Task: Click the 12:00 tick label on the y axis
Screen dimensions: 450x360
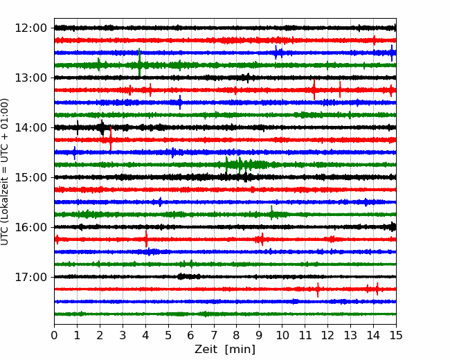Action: click(x=30, y=28)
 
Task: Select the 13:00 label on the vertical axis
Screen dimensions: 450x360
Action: click(x=30, y=78)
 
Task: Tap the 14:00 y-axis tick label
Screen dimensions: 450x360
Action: click(x=30, y=127)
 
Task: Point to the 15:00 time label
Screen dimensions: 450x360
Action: click(x=30, y=177)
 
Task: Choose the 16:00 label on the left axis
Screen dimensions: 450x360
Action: click(x=30, y=227)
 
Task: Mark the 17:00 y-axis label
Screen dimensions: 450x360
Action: click(x=30, y=277)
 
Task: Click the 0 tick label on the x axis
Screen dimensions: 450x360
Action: click(x=54, y=335)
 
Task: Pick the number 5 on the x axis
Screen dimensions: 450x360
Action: click(x=168, y=335)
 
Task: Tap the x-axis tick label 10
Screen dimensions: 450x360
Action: click(x=282, y=335)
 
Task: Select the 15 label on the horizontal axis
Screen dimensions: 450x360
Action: click(x=396, y=335)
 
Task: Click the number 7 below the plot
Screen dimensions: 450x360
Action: click(x=214, y=335)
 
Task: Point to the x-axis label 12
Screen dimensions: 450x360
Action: click(x=327, y=335)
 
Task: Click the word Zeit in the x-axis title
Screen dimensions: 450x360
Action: click(x=206, y=350)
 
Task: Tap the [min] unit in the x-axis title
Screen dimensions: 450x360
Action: click(x=240, y=350)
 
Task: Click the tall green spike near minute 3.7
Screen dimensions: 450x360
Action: click(x=139, y=62)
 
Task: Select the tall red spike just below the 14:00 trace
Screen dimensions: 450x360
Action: click(x=111, y=139)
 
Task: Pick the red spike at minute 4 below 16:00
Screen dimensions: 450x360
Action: click(x=146, y=239)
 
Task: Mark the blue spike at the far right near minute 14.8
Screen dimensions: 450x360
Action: click(x=392, y=53)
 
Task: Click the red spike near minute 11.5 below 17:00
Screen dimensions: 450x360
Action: click(x=318, y=290)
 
